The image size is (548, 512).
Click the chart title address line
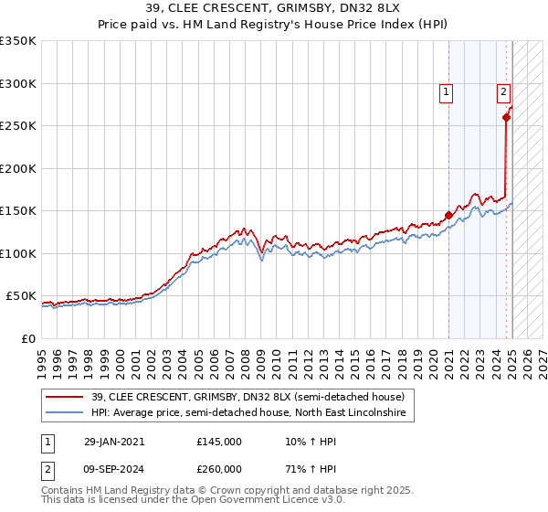tap(274, 8)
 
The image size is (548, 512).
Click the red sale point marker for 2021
tap(448, 216)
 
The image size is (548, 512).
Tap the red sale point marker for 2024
tap(506, 117)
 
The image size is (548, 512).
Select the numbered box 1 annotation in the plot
tap(446, 91)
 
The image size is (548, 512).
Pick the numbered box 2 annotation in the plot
tap(503, 91)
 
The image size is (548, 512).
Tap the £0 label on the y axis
tap(28, 338)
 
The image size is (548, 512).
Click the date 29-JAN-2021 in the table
tap(113, 442)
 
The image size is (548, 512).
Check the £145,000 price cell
tap(218, 442)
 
